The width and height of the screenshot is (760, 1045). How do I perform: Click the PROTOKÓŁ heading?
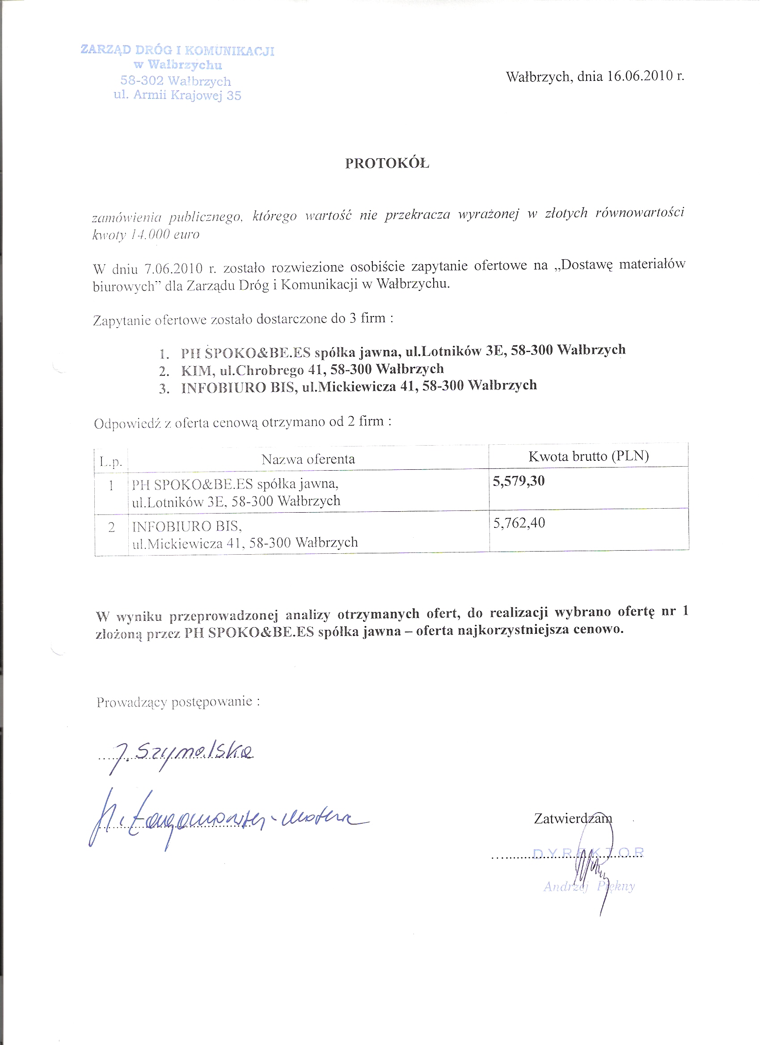tap(387, 163)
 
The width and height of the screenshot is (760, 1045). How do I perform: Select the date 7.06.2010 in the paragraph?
tap(174, 269)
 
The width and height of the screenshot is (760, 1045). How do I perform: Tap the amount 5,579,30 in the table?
tap(519, 481)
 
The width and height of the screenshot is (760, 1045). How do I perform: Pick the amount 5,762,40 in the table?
tap(519, 523)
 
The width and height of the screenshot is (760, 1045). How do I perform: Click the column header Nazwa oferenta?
tap(308, 459)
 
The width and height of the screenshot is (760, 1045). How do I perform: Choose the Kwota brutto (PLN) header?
tap(588, 456)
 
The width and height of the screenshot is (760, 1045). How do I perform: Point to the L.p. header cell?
tap(110, 461)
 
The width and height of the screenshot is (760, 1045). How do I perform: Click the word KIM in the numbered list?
tap(196, 371)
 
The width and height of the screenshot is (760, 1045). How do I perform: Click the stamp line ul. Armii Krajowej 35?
tap(177, 95)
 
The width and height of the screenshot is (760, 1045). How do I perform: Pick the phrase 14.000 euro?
tap(165, 235)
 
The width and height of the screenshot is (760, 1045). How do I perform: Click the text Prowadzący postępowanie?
tap(178, 702)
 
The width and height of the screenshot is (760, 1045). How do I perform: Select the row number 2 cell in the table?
tap(111, 527)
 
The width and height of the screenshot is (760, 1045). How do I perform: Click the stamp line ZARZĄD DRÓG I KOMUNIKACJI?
tap(177, 50)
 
